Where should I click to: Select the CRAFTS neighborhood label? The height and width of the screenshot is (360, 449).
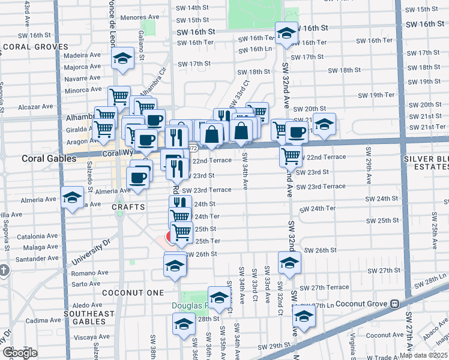click(x=128, y=206)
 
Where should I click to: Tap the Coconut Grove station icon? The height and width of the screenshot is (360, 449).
click(x=394, y=304)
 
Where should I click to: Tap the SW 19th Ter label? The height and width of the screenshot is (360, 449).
click(x=376, y=95)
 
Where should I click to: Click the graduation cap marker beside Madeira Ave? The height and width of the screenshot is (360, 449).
click(x=122, y=59)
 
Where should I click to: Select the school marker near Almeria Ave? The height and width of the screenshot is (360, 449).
click(x=72, y=197)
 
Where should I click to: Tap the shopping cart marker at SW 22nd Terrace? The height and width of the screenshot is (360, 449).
click(x=291, y=156)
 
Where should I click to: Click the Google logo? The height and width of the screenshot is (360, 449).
click(x=20, y=353)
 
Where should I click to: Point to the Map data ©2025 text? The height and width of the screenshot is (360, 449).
click(x=423, y=355)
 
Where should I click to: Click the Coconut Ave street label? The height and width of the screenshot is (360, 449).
click(x=385, y=335)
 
